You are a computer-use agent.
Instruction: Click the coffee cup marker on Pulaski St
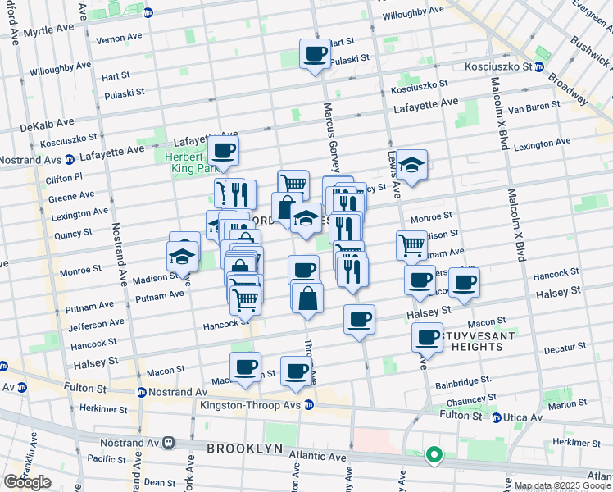click(x=314, y=55)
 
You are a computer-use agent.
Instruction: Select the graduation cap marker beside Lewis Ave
click(x=412, y=164)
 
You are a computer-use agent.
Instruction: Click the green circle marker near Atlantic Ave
click(x=434, y=453)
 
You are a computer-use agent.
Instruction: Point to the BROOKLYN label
click(x=244, y=449)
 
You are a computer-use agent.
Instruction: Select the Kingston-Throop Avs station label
click(x=253, y=405)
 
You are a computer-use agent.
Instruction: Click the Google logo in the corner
click(x=27, y=482)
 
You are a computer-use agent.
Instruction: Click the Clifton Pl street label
click(x=65, y=177)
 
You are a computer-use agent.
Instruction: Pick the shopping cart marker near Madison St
click(x=411, y=244)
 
